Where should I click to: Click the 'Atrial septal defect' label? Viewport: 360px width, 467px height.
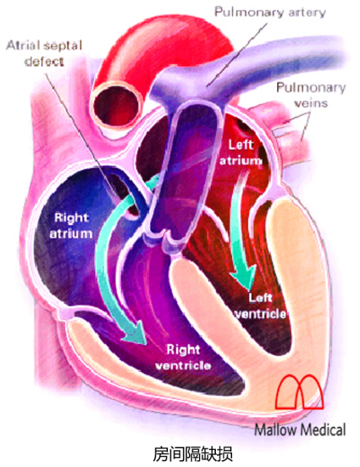pos(44,53)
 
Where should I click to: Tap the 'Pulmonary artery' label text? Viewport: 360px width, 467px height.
pos(270,13)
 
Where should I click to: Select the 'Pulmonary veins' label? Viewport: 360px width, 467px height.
pos(311,95)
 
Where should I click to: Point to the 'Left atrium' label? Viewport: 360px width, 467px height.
pos(240,153)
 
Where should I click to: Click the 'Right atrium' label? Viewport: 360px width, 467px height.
pos(71,226)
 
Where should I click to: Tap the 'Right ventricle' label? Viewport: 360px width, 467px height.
pos(183,357)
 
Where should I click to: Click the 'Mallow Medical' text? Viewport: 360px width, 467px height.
pos(300,430)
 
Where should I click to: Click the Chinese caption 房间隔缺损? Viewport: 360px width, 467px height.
pos(193,454)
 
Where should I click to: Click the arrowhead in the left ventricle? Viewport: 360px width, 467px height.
pos(244,276)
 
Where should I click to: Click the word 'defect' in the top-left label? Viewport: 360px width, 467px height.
pos(44,61)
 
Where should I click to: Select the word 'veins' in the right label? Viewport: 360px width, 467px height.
pos(311,103)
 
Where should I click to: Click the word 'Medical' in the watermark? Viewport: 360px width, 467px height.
pos(323,430)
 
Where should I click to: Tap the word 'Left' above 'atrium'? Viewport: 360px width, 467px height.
pos(240,145)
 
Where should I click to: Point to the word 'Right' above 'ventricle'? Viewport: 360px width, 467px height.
pos(183,350)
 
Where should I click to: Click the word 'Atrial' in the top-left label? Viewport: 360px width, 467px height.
pos(23,46)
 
